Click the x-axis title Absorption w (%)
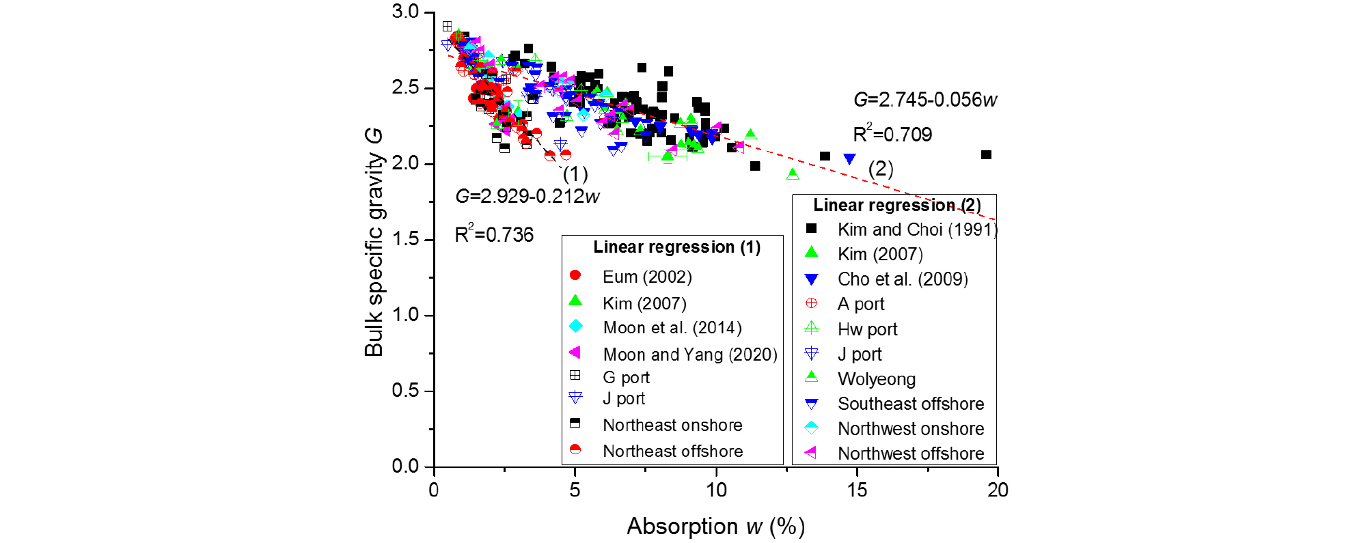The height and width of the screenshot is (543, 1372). coord(716,527)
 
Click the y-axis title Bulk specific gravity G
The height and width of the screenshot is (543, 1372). coord(374,242)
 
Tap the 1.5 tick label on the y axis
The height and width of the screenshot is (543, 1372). coord(405,240)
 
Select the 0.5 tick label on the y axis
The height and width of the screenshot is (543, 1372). coord(405,391)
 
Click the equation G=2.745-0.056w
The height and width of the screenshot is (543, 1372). coord(925,100)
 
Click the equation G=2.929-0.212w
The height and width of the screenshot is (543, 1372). coord(527,197)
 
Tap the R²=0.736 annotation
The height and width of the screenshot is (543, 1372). coord(494,234)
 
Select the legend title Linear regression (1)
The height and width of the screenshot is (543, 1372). coord(676,247)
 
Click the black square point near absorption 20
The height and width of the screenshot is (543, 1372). coord(986,155)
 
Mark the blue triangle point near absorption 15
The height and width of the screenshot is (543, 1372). coord(849,159)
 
